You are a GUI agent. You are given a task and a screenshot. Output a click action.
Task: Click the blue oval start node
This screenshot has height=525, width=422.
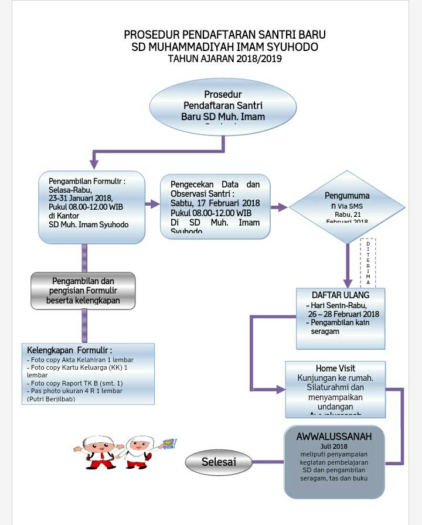pyautogui.click(x=223, y=107)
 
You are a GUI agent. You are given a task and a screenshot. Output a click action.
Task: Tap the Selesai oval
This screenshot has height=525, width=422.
pyautogui.click(x=219, y=462)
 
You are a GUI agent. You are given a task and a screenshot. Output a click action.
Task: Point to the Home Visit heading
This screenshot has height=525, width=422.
pyautogui.click(x=335, y=369)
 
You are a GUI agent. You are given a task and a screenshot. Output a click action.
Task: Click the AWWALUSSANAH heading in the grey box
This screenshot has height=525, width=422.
pyautogui.click(x=334, y=437)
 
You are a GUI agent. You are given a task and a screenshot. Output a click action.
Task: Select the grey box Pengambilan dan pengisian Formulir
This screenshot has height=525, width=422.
pyautogui.click(x=83, y=291)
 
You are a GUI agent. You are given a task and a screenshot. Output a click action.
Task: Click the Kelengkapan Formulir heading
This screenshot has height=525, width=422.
pyautogui.click(x=69, y=350)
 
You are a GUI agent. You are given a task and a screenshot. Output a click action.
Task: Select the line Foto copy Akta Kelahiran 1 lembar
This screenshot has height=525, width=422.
pyautogui.click(x=80, y=360)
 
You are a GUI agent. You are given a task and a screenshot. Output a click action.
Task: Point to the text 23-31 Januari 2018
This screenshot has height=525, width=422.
pyautogui.click(x=80, y=198)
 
